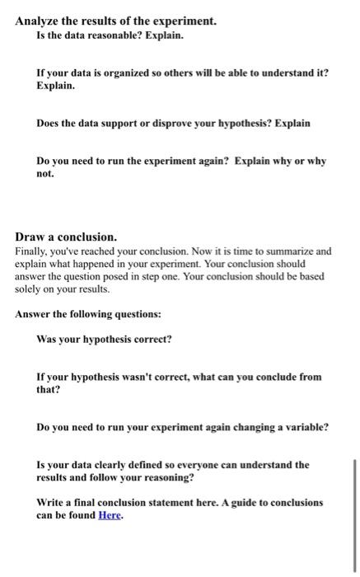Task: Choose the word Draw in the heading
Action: (x=30, y=236)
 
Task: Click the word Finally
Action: (x=32, y=251)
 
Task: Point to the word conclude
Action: (x=261, y=376)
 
